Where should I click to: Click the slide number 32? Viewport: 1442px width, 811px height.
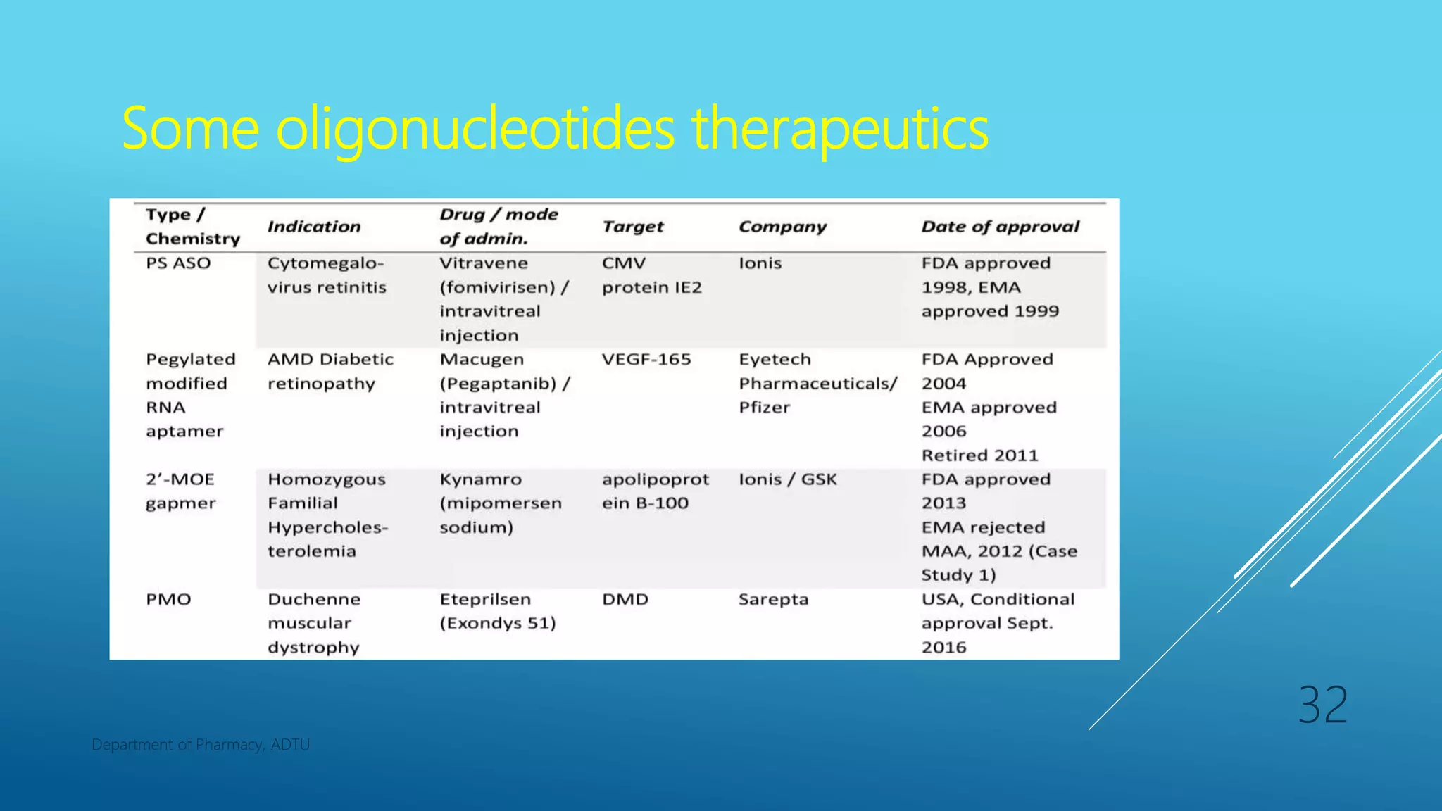pyautogui.click(x=1322, y=705)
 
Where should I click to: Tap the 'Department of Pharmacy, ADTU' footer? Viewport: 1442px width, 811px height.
pyautogui.click(x=201, y=745)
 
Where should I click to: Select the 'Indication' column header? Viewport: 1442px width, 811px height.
pyautogui.click(x=314, y=227)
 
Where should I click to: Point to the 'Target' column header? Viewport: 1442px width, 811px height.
pyautogui.click(x=632, y=227)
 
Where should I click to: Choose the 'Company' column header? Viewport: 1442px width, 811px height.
pyautogui.click(x=782, y=227)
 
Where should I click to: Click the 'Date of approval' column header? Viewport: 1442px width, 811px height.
pyautogui.click(x=1000, y=227)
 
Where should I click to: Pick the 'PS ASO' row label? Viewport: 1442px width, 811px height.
pyautogui.click(x=178, y=263)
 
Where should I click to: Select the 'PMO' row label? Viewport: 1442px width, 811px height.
pyautogui.click(x=168, y=599)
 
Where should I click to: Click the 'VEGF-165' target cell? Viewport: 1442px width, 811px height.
pyautogui.click(x=646, y=360)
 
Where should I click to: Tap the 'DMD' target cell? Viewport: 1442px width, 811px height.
pyautogui.click(x=625, y=599)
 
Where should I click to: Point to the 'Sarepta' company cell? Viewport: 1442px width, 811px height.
pyautogui.click(x=773, y=599)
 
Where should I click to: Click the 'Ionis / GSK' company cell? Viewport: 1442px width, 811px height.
pyautogui.click(x=788, y=479)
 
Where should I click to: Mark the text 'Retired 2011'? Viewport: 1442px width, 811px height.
pyautogui.click(x=979, y=455)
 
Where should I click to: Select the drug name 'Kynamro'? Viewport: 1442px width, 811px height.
pyautogui.click(x=481, y=479)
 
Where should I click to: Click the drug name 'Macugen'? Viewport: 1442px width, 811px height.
pyautogui.click(x=482, y=360)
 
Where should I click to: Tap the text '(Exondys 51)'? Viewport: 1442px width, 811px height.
pyautogui.click(x=498, y=624)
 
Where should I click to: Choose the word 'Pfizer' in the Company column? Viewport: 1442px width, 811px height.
pyautogui.click(x=764, y=408)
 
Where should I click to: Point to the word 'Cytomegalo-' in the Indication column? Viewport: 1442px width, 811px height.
pyautogui.click(x=325, y=263)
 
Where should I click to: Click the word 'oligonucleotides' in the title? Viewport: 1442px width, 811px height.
pyautogui.click(x=475, y=129)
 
